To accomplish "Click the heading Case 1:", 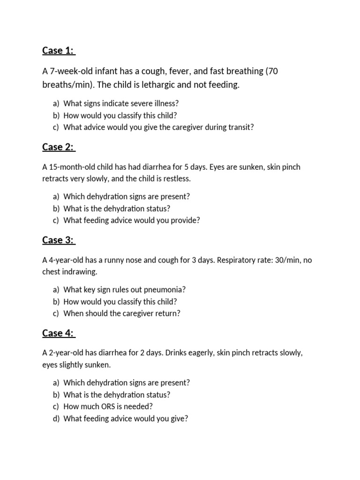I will tap(58, 50).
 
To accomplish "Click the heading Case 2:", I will tap(58, 147).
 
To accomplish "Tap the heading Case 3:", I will tap(58, 240).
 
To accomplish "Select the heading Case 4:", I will tap(58, 333).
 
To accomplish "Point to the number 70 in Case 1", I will tap(274, 71).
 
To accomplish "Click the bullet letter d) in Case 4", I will tap(56, 419).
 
